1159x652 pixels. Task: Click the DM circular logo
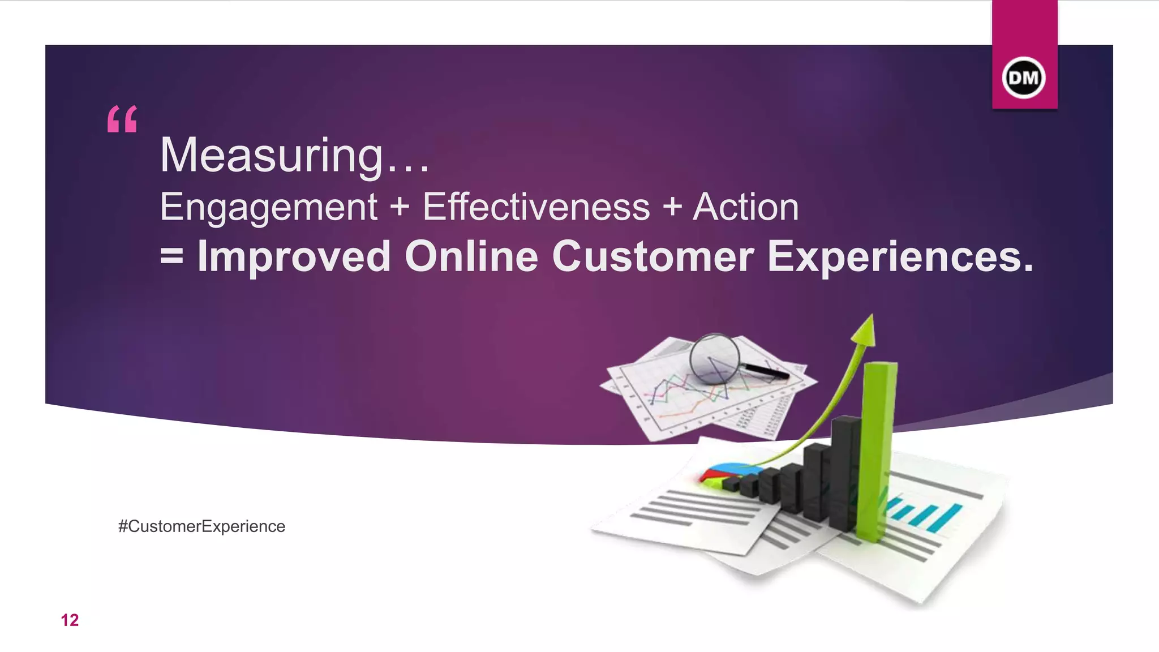pyautogui.click(x=1024, y=78)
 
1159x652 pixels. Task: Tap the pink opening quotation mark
pyautogui.click(x=122, y=119)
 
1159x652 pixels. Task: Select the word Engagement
pyautogui.click(x=268, y=207)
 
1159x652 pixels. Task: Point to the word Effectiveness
pyautogui.click(x=536, y=207)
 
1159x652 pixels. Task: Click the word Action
pyautogui.click(x=745, y=207)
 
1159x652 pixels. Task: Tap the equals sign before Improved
pyautogui.click(x=171, y=256)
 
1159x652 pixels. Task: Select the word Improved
pyautogui.click(x=294, y=256)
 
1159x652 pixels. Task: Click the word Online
pyautogui.click(x=471, y=256)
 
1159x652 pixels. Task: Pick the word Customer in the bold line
pyautogui.click(x=653, y=256)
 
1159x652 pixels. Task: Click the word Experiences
pyautogui.click(x=900, y=256)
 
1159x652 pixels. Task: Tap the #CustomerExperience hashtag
pyautogui.click(x=201, y=526)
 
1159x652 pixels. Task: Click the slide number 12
pyautogui.click(x=70, y=620)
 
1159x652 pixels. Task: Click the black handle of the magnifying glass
pyautogui.click(x=766, y=371)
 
